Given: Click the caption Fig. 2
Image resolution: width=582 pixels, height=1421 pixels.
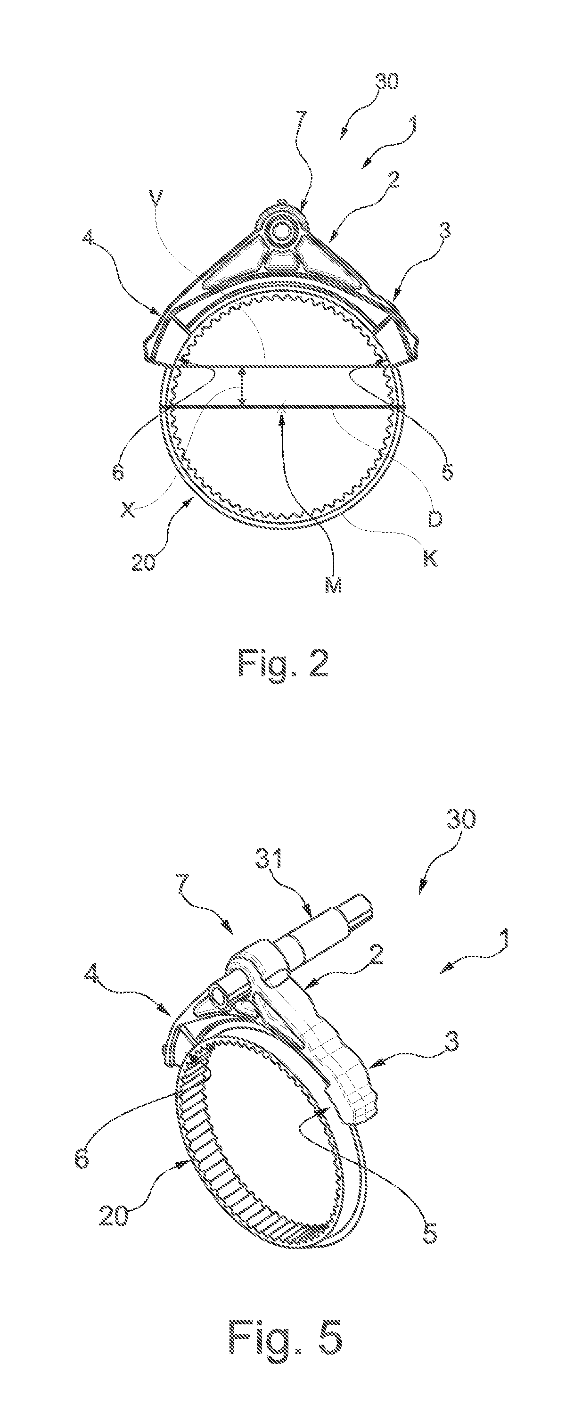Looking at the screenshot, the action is point(284,664).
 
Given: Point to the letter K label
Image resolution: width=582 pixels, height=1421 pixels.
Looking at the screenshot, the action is point(431,558).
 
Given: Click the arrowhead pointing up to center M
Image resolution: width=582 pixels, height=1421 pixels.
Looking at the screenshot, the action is point(283,421).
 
